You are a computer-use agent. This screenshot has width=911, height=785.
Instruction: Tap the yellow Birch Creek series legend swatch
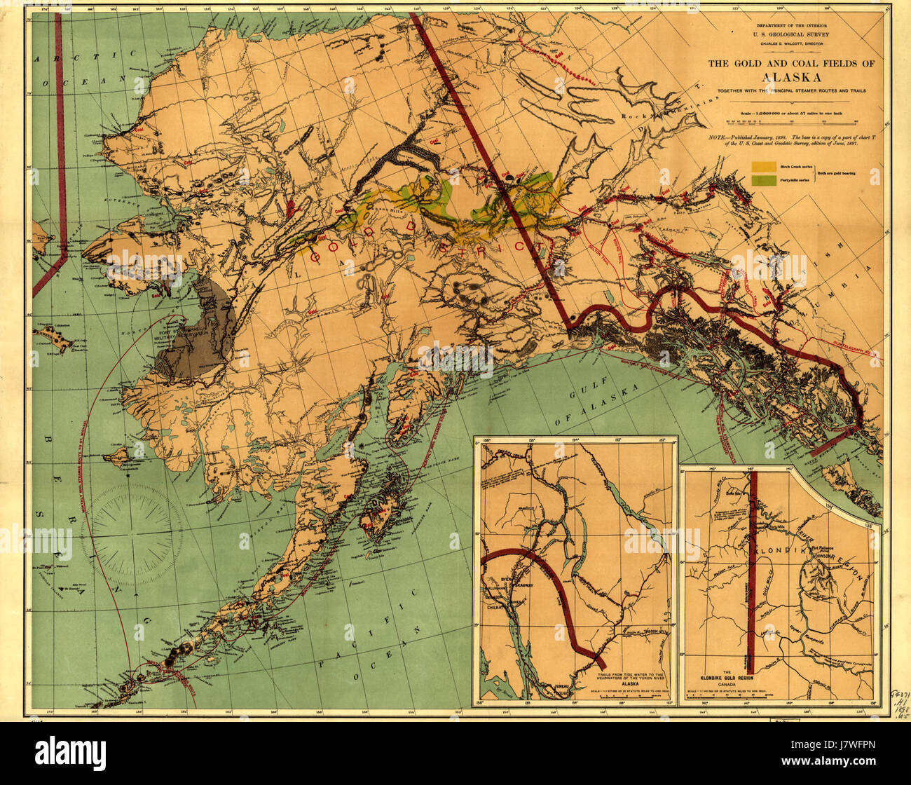763,167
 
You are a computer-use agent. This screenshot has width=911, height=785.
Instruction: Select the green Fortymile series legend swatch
763,180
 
